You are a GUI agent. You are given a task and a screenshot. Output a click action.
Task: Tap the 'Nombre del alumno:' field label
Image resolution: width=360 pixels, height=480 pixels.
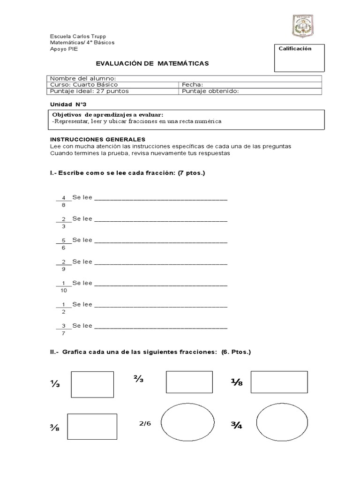coord(83,78)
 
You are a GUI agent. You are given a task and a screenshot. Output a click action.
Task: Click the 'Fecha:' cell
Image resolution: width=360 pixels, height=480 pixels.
coord(192,85)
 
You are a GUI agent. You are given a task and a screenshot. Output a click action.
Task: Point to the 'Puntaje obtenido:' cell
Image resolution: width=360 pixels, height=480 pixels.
coord(210,91)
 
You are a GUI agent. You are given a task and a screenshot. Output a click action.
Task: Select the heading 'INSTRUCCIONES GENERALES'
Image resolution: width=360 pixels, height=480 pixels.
coord(97,140)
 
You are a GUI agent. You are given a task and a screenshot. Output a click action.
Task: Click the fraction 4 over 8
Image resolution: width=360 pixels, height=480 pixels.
coord(63,201)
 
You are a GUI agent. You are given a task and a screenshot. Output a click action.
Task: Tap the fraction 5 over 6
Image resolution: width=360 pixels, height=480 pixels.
coord(63,244)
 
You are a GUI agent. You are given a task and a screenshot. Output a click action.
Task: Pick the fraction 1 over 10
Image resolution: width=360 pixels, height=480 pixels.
coord(63,286)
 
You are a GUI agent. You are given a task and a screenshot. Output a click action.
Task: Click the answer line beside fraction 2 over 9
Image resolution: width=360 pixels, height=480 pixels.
coord(161,264)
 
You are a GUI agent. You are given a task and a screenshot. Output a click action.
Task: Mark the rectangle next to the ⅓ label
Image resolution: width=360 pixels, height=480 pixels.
coord(92,384)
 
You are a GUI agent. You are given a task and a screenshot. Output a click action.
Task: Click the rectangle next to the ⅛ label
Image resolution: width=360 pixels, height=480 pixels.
coord(279,382)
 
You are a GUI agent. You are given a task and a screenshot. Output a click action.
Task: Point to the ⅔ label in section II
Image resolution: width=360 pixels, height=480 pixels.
coord(138,380)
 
